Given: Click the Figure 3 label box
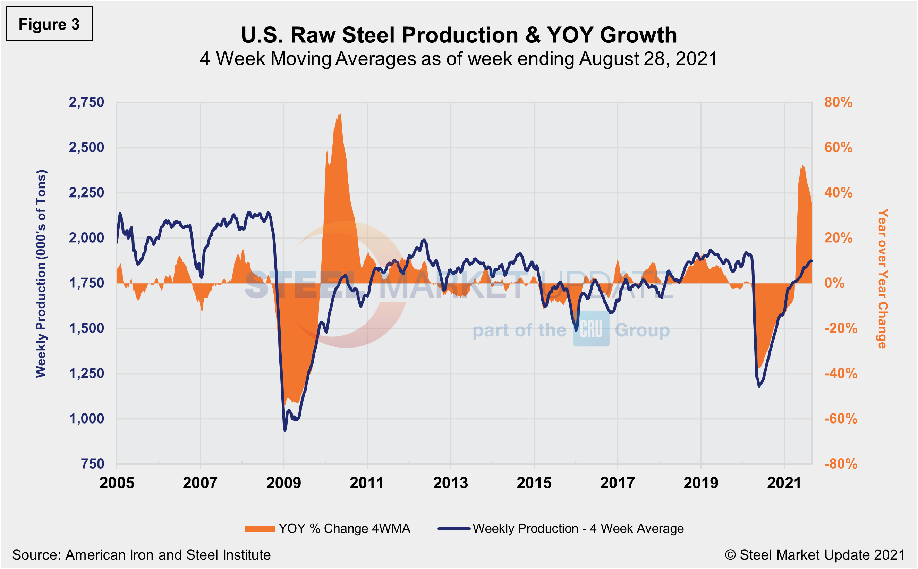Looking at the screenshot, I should click(x=49, y=24).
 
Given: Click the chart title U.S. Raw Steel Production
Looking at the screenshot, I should click(x=458, y=35).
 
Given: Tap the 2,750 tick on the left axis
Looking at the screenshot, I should click(x=86, y=102).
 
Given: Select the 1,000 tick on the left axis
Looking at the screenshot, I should click(x=86, y=418).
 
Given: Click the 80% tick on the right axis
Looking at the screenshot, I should click(x=838, y=102).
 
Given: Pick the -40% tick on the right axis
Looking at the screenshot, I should click(x=841, y=373).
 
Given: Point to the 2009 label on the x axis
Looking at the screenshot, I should click(x=283, y=483).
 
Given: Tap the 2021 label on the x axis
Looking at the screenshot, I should click(x=784, y=483).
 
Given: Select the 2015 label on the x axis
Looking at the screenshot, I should click(x=534, y=483).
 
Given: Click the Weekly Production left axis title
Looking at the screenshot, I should click(x=41, y=274).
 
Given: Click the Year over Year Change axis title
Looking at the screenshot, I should click(x=882, y=278).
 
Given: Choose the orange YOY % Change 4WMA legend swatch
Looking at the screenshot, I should click(x=260, y=529).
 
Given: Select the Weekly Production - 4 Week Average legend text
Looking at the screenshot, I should click(x=578, y=529).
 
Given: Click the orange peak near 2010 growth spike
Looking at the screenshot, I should click(x=340, y=113).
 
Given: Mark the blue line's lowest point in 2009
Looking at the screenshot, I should click(x=285, y=430).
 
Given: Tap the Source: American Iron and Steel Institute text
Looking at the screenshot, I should click(x=142, y=555).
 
